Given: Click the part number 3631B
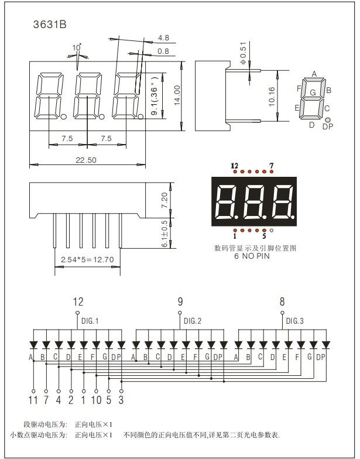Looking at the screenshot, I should [x=50, y=25].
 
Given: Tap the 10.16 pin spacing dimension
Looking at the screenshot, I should [x=272, y=96].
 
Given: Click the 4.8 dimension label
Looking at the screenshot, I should [x=163, y=38].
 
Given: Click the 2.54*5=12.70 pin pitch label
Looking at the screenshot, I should [x=87, y=259].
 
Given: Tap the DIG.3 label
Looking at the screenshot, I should [x=294, y=321].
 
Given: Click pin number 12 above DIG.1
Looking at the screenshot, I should [x=78, y=302].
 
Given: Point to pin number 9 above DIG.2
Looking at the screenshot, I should [x=180, y=302].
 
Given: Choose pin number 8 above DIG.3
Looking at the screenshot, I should [x=282, y=302].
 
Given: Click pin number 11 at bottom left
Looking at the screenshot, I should [x=33, y=400].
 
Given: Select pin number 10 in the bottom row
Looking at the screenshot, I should [x=96, y=400].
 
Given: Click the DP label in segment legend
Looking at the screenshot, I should [x=328, y=126].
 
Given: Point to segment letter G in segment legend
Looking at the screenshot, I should [x=313, y=93].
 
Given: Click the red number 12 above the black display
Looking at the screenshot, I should [x=235, y=166].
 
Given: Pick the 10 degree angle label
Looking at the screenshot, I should [x=77, y=47].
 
